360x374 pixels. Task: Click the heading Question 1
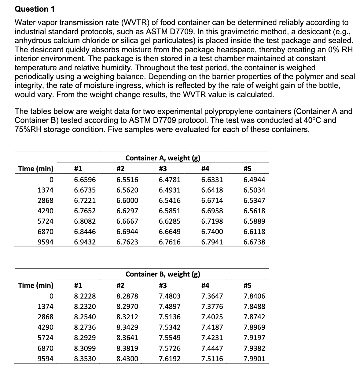(x=35, y=9)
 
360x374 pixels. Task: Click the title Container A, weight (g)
(x=163, y=158)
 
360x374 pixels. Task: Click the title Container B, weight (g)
(x=163, y=274)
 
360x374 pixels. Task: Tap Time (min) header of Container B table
(x=36, y=285)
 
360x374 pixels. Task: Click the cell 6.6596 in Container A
(x=85, y=180)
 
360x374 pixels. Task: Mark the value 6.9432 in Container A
(x=85, y=242)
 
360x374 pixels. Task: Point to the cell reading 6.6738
(x=254, y=242)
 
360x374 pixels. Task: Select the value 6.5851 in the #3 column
(x=170, y=211)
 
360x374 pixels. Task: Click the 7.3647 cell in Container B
(x=212, y=296)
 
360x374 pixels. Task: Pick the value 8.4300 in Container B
(x=127, y=359)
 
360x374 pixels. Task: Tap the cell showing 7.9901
(x=254, y=359)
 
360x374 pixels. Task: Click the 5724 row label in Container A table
(x=45, y=221)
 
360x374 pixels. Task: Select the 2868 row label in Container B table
(x=45, y=317)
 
